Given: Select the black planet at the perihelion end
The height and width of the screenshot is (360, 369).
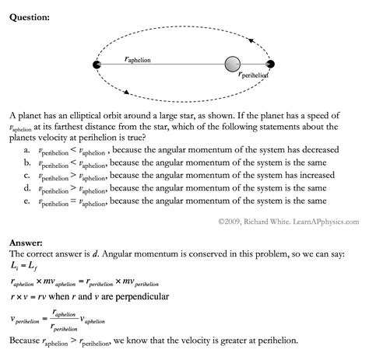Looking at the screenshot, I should coord(269,65).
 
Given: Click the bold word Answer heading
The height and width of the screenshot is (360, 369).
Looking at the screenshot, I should coord(26,243).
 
